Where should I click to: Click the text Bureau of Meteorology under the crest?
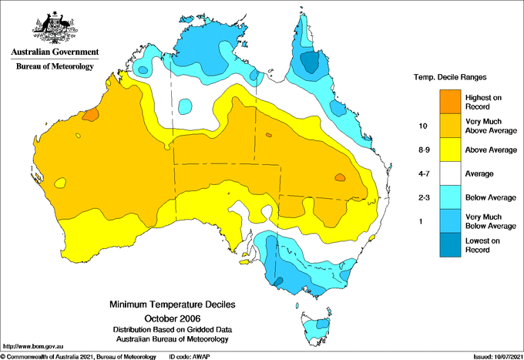(x=55, y=67)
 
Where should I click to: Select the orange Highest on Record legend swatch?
(x=451, y=101)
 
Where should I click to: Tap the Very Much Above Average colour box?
(x=451, y=125)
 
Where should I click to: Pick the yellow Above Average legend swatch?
(x=451, y=149)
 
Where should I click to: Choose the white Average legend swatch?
(x=451, y=173)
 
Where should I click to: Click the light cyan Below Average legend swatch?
(x=451, y=197)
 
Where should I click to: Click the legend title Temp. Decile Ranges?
(x=452, y=78)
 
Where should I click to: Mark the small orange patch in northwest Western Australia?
(x=90, y=115)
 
